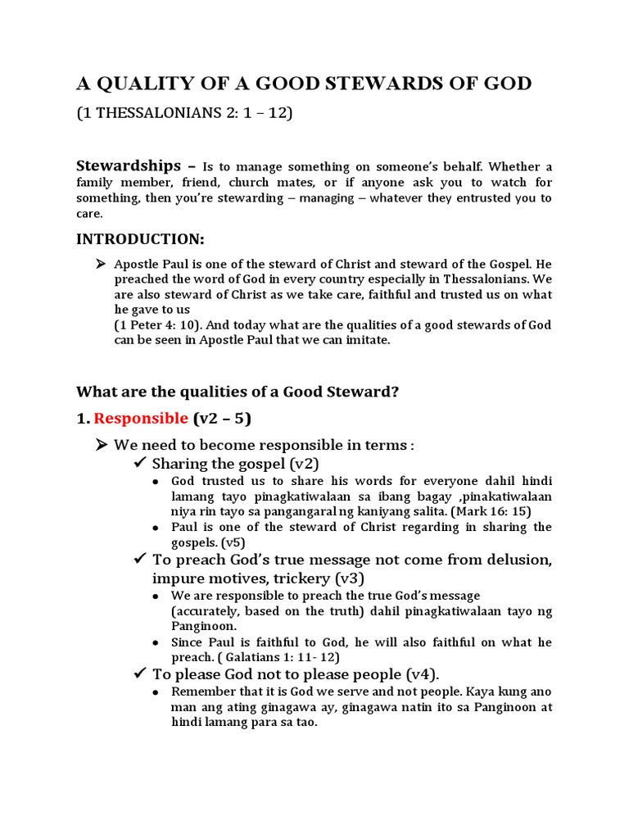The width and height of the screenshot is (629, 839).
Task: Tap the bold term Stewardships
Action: coord(129,166)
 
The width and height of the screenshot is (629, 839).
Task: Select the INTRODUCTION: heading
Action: coord(140,239)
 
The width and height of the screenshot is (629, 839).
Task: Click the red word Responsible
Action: coord(141,419)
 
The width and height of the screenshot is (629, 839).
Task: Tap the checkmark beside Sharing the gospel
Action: coord(140,464)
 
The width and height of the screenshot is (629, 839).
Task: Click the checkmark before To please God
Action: coord(140,674)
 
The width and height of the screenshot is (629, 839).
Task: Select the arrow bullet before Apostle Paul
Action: coord(102,264)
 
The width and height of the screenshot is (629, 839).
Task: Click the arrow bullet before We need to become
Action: coord(102,445)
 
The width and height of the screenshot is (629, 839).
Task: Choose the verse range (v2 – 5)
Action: coord(221,419)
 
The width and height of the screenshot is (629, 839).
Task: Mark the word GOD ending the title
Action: coord(507,84)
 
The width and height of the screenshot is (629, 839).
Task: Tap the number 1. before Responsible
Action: coord(83,419)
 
